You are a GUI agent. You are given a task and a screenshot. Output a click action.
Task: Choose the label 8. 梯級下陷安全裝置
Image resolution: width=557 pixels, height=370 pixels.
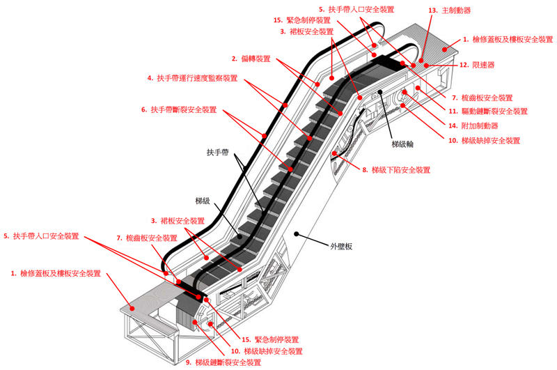397,169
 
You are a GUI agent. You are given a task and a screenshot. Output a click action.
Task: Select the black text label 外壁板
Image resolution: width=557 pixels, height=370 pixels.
340,246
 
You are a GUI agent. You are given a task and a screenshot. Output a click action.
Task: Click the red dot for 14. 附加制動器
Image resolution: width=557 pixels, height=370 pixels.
405,94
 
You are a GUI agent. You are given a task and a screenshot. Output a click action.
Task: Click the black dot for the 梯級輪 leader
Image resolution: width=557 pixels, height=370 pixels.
381,92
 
